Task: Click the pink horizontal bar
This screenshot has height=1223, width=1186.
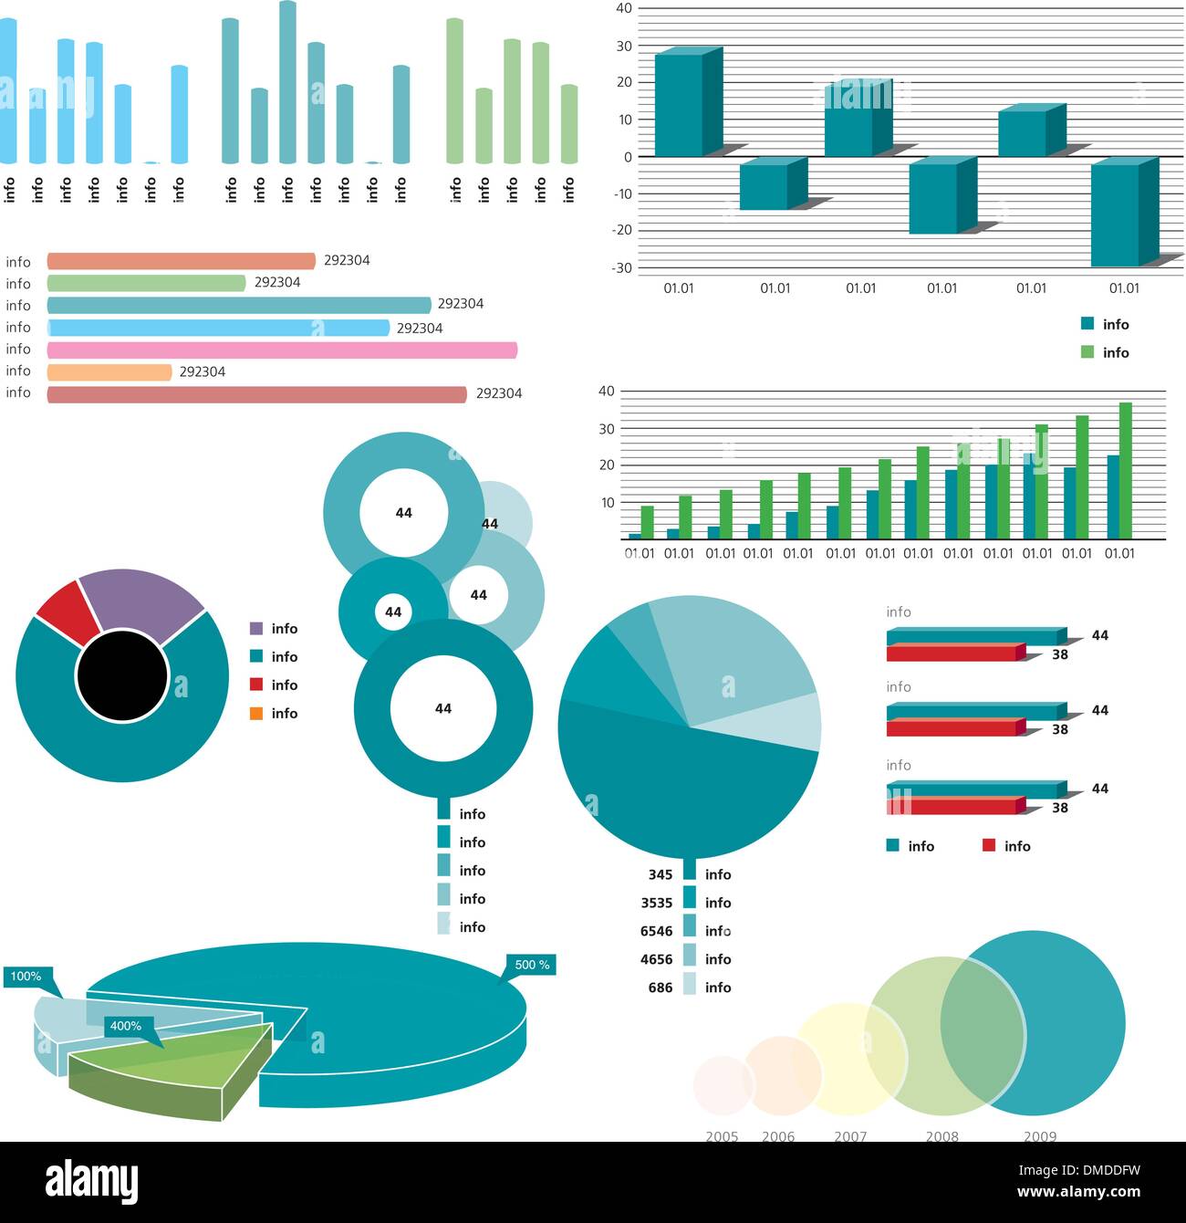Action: (282, 350)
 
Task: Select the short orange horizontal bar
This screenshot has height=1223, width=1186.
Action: (109, 371)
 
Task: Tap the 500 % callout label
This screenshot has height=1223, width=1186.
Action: (532, 965)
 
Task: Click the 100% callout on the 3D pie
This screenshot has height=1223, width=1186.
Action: (26, 977)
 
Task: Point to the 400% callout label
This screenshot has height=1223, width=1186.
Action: (126, 1026)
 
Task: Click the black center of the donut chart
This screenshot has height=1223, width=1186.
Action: (122, 676)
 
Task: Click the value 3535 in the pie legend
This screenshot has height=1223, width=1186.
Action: (656, 903)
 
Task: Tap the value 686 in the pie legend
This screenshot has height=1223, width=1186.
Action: (660, 988)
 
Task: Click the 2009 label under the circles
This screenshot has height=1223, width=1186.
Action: (1039, 1136)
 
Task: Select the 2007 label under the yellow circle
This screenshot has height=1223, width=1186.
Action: (849, 1136)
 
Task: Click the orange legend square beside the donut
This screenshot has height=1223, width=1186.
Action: (255, 713)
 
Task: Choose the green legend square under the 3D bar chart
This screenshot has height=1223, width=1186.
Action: (1087, 351)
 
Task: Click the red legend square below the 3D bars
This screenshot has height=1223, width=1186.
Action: (988, 845)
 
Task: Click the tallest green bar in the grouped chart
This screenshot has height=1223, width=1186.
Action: (1125, 469)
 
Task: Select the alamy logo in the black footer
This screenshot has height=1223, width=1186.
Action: (92, 1182)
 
